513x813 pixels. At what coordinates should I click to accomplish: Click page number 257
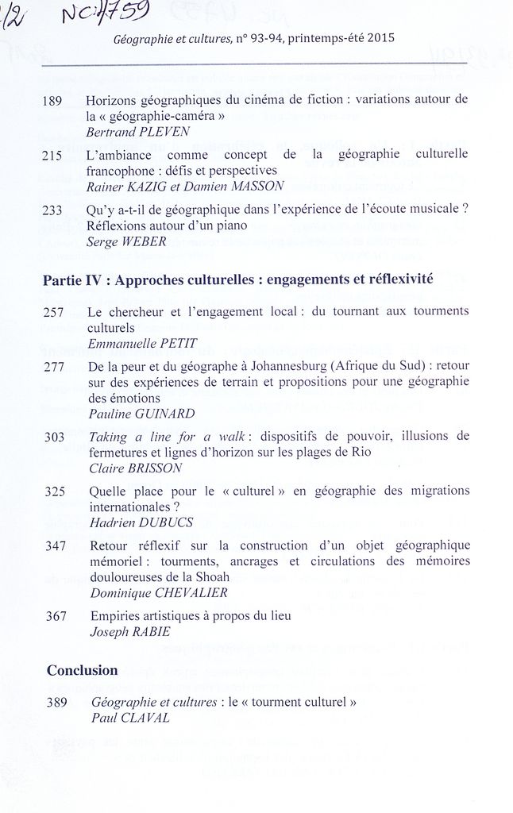[x=56, y=312]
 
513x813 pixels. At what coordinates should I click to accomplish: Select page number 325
[x=56, y=491]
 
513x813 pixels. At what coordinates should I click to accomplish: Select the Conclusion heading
[x=83, y=670]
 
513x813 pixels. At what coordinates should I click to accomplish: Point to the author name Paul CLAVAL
[x=131, y=717]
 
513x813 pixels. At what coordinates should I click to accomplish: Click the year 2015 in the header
[x=380, y=38]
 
